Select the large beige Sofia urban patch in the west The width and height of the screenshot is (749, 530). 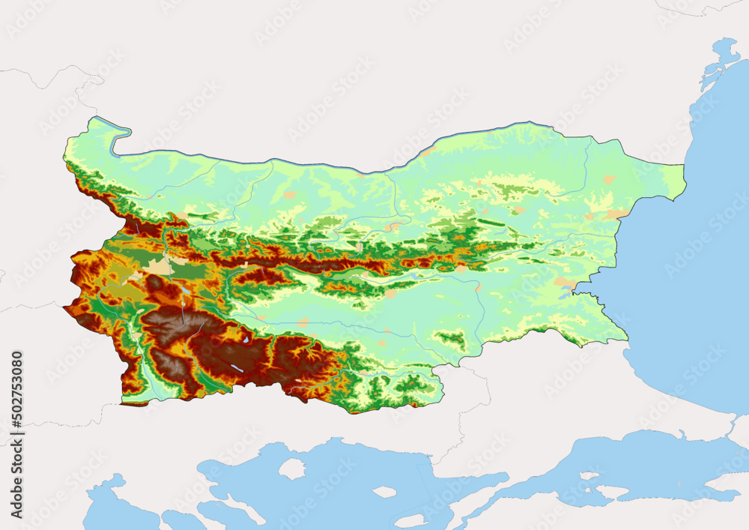click(159, 266)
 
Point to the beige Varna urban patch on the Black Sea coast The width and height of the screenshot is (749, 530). click(616, 214)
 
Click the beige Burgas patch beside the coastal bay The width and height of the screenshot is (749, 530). click(564, 283)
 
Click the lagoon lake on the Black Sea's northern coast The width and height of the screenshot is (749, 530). click(723, 53)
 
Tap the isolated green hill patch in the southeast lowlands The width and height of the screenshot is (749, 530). click(452, 340)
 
